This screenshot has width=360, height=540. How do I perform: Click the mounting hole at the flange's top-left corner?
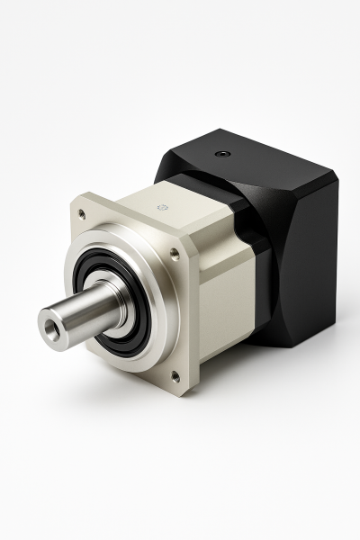[x=82, y=214]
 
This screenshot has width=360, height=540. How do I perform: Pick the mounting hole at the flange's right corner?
[x=175, y=256]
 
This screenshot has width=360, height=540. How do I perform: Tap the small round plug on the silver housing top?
[x=163, y=207]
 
